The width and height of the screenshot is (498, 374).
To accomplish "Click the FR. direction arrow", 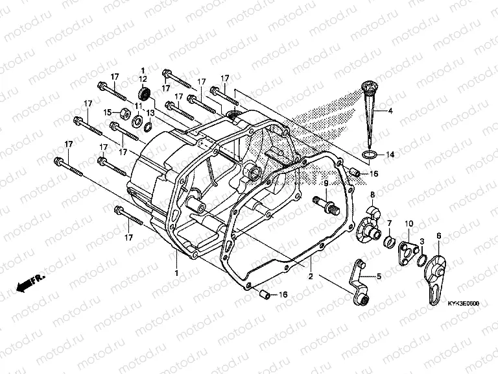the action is [30, 281].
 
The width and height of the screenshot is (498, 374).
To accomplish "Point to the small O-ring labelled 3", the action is [422, 259].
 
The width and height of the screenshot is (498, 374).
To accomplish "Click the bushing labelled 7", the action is [390, 243].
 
